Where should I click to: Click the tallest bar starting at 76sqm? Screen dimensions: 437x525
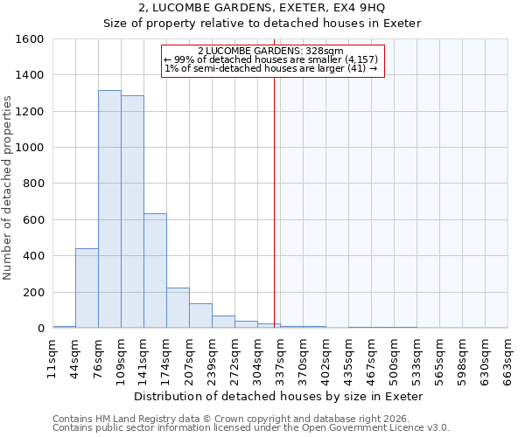(x=109, y=210)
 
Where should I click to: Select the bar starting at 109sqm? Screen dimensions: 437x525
(x=132, y=212)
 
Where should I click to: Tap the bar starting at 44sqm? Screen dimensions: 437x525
(x=87, y=288)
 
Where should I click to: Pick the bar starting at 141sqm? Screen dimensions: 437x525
(x=155, y=271)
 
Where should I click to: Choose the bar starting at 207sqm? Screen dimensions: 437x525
(x=200, y=316)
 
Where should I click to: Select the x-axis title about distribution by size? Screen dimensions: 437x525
(x=280, y=396)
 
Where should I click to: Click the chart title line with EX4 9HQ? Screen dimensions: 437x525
(x=262, y=8)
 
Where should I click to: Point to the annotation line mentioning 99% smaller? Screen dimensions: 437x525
(x=271, y=59)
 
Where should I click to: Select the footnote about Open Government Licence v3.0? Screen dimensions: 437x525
(x=251, y=428)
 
